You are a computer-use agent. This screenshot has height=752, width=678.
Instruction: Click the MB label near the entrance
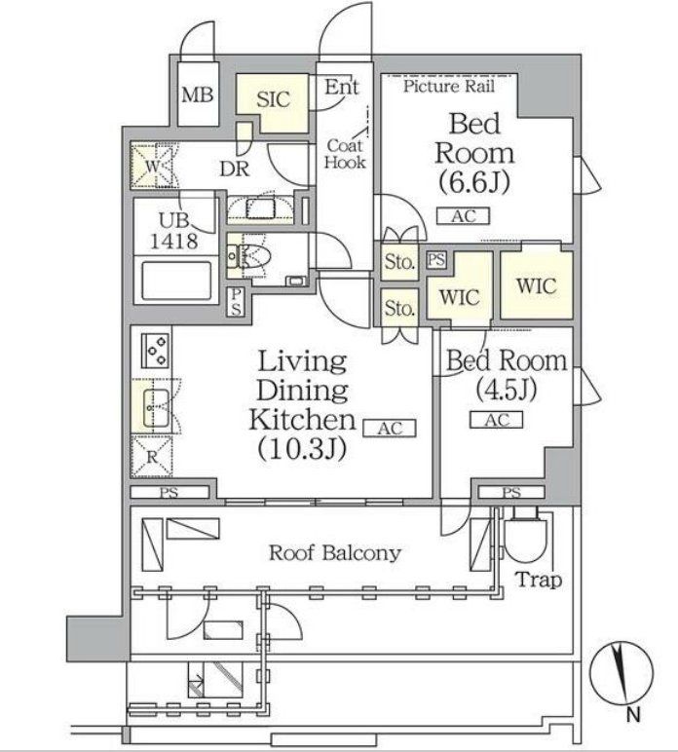(198, 95)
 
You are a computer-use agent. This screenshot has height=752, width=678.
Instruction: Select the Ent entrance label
(342, 88)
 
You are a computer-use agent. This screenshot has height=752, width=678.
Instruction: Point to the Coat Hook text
(346, 154)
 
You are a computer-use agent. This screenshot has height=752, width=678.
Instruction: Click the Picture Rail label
(449, 86)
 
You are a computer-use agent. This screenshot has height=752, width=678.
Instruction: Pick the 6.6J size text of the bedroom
(473, 182)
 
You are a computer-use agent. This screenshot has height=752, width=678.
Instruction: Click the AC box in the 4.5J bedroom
(497, 420)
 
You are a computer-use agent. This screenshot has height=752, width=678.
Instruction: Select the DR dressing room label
(233, 168)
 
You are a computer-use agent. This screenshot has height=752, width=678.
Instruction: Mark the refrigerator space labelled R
(154, 454)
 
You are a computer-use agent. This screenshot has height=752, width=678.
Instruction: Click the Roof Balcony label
(334, 553)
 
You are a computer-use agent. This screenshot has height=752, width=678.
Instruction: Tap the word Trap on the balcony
(538, 581)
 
